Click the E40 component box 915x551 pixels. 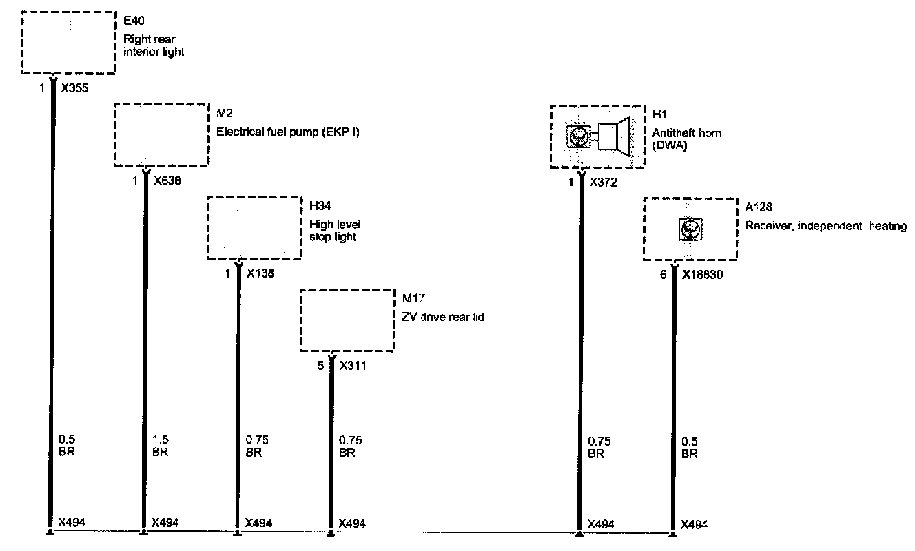pyautogui.click(x=68, y=42)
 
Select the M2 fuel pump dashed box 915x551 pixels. pyautogui.click(x=161, y=134)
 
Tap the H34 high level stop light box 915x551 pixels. pyautogui.click(x=254, y=228)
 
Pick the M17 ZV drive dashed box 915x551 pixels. pyautogui.click(x=348, y=320)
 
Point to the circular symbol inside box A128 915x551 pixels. pyautogui.click(x=690, y=229)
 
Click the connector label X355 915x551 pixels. pyautogui.click(x=74, y=88)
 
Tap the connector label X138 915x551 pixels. pyautogui.click(x=260, y=273)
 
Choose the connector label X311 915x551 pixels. pyautogui.click(x=353, y=366)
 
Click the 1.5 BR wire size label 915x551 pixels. pyautogui.click(x=159, y=446)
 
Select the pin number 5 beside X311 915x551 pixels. pyautogui.click(x=321, y=366)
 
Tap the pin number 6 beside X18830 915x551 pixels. pyautogui.click(x=664, y=274)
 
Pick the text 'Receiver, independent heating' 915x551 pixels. pyautogui.click(x=825, y=226)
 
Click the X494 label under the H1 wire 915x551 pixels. pyautogui.click(x=601, y=524)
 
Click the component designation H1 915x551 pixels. pyautogui.click(x=659, y=114)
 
